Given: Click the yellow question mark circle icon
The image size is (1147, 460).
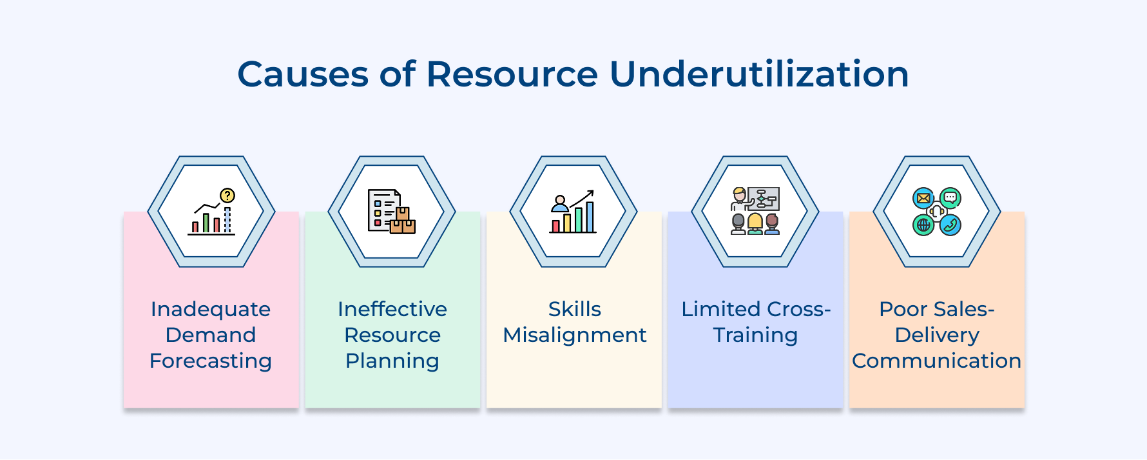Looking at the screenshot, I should (227, 195).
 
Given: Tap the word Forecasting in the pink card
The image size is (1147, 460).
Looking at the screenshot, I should (211, 361).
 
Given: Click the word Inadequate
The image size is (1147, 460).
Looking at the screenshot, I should (211, 309).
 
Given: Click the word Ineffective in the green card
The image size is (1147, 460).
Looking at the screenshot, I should (392, 309).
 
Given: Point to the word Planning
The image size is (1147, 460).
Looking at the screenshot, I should (392, 361).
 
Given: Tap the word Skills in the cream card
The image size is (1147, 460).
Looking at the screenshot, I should (574, 309).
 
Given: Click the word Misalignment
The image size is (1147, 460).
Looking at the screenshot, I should (574, 335).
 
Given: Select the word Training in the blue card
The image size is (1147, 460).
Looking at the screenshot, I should (755, 335).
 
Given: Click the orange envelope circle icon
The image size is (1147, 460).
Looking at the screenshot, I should (923, 198).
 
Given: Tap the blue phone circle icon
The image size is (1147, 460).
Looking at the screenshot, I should (950, 225).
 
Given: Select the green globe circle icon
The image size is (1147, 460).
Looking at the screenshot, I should (923, 225).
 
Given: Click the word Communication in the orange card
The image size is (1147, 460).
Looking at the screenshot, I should (936, 361).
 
